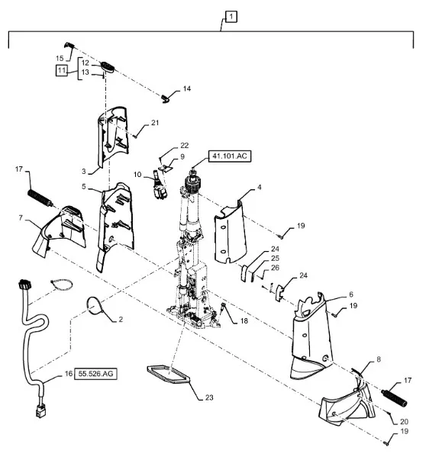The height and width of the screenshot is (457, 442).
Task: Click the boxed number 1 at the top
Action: coord(231,17)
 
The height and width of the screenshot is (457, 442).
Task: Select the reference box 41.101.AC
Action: coord(230,156)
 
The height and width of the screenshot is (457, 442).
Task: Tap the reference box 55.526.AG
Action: coord(95,374)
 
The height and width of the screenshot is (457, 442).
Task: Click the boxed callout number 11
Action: coord(61,70)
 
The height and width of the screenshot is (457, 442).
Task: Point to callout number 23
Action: coord(209,397)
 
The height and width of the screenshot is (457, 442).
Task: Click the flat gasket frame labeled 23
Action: coord(168,375)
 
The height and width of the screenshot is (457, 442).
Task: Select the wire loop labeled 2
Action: coord(95,305)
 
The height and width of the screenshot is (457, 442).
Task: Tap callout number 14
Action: coord(186,89)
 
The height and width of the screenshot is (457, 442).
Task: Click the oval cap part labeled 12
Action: coord(108,66)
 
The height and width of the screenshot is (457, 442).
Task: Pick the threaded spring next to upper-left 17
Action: coord(40,198)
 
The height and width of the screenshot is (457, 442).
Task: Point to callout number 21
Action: coord(155,123)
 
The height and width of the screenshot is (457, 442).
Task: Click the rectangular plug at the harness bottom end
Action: coord(39,411)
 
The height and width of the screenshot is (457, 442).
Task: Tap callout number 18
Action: coord(244,321)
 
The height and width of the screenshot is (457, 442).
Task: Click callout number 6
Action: coord(351,294)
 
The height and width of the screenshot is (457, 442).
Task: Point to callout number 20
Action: coord(404,421)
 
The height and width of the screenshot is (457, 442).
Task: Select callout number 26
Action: coord(275,268)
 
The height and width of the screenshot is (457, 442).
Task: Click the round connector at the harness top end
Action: coord(24,284)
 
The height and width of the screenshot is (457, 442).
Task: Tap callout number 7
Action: coord(21,217)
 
